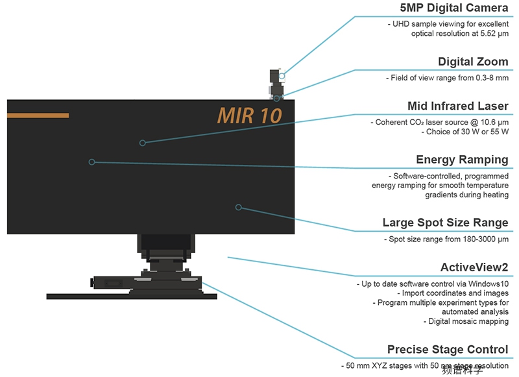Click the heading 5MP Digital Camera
pyautogui.click(x=453, y=8)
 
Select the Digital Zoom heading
pyautogui.click(x=473, y=62)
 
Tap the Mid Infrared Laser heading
pyautogui.click(x=457, y=106)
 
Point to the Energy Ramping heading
pyautogui.click(x=462, y=159)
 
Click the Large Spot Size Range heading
pyautogui.click(x=445, y=223)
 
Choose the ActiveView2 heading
pyautogui.click(x=474, y=267)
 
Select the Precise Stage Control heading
pyautogui.click(x=448, y=350)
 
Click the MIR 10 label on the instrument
pyautogui.click(x=249, y=116)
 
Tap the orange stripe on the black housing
pyautogui.click(x=38, y=116)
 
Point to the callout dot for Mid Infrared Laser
pyautogui.click(x=143, y=142)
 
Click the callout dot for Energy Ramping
pyautogui.click(x=91, y=162)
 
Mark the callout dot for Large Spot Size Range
pyautogui.click(x=238, y=207)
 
